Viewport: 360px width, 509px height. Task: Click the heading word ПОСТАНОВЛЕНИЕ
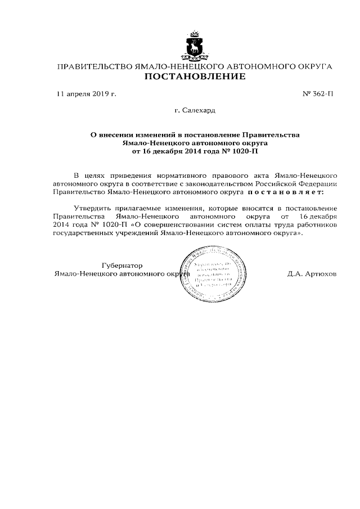[x=195, y=76]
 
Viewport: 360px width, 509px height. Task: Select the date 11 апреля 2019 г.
[x=86, y=94]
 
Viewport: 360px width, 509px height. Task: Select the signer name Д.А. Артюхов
[x=311, y=274]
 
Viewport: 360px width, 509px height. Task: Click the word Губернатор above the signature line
[x=122, y=265]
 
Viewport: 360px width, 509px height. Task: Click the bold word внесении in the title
[x=122, y=135]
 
